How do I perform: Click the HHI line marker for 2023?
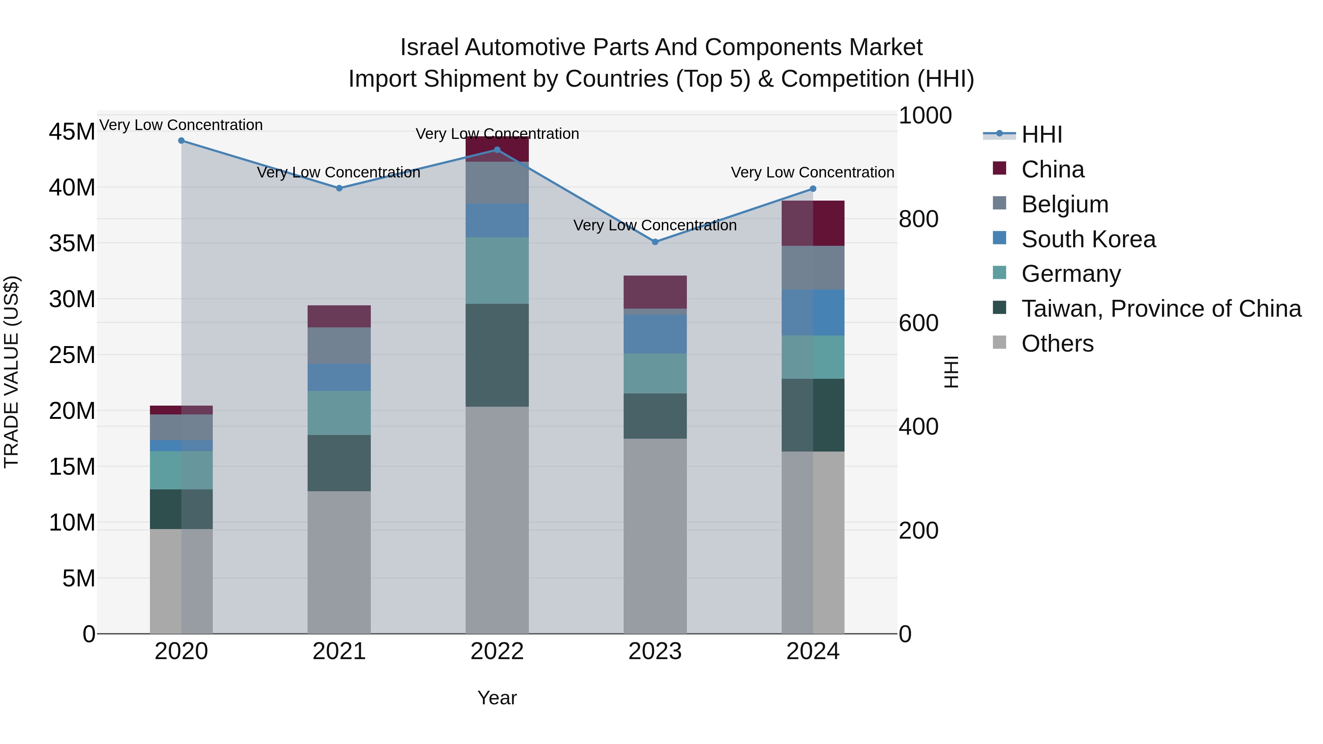(655, 242)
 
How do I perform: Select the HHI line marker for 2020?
(181, 141)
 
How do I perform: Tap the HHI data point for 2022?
(496, 150)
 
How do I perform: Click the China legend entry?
(1053, 169)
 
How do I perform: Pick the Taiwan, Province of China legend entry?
(1161, 309)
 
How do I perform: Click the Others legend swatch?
(1000, 342)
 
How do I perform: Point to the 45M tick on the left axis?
(72, 132)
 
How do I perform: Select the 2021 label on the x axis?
(339, 651)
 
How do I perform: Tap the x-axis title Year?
(496, 698)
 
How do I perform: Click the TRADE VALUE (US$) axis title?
(11, 372)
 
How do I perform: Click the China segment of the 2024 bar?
(813, 223)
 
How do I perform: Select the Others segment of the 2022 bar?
(496, 520)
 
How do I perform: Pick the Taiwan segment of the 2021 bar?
(339, 463)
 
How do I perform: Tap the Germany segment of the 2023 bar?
(655, 373)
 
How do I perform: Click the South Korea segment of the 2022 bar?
(496, 220)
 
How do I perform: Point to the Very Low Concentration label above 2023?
(655, 226)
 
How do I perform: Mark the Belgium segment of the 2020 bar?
(181, 427)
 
